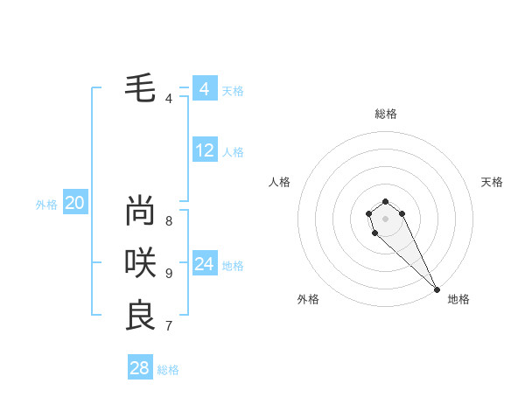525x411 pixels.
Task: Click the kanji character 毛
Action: point(140,88)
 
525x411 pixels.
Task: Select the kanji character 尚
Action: point(140,211)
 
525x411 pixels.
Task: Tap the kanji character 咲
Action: point(140,262)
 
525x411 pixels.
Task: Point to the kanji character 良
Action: point(140,315)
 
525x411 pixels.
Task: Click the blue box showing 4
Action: point(204,89)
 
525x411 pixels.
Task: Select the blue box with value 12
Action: point(204,150)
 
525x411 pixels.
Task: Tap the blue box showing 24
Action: point(204,263)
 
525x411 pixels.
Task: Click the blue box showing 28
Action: point(140,368)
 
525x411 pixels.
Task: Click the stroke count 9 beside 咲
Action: point(169,273)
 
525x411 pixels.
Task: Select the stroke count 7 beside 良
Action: point(169,326)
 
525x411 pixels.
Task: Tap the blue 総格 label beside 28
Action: point(168,370)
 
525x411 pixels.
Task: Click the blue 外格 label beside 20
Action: point(46,205)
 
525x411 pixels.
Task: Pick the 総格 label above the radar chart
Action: point(386,114)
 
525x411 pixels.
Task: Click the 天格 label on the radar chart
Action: point(492,182)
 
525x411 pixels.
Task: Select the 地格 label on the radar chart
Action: point(458,299)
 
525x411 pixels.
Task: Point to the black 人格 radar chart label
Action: point(280,182)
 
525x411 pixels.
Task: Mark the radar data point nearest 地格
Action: point(437,289)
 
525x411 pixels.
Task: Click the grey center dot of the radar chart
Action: point(385,218)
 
